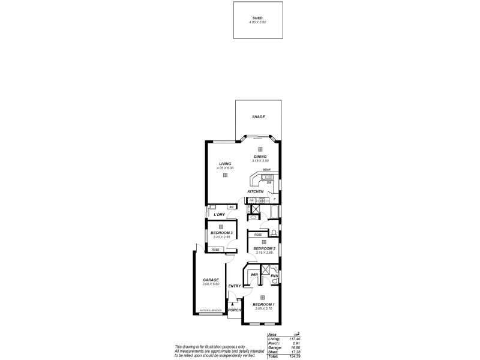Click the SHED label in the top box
[x=257, y=19]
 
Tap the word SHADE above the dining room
[x=259, y=117]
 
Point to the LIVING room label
[x=225, y=164]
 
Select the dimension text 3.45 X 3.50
[x=260, y=161]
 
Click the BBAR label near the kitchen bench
[x=266, y=170]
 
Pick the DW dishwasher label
[x=269, y=182]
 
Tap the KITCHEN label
[x=256, y=192]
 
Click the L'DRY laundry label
[x=219, y=215]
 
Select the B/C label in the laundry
[x=230, y=208]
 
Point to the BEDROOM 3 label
[x=221, y=233]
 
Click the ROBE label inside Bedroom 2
[x=258, y=235]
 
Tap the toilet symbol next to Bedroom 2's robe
[x=274, y=233]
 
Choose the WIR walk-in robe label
[x=254, y=275]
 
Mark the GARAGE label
[x=210, y=280]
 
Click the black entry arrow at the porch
[x=232, y=305]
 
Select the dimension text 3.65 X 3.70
[x=264, y=309]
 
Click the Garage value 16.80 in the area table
[x=293, y=347]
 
